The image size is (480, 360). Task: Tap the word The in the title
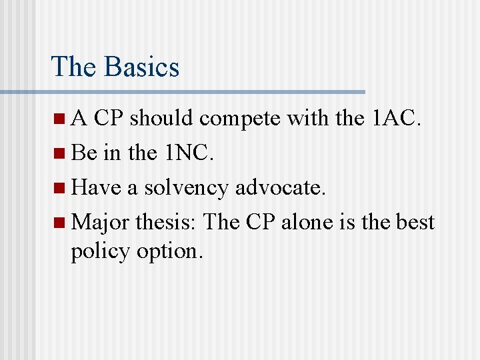[x=73, y=67]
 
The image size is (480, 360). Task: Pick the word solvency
[x=187, y=187]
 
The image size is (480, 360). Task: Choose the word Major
[x=100, y=221]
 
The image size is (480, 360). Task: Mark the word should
[x=163, y=119]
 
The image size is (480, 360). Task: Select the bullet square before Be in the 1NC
[x=61, y=153]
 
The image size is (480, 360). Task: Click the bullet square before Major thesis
[x=61, y=221]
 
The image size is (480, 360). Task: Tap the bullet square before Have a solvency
[x=61, y=187]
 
